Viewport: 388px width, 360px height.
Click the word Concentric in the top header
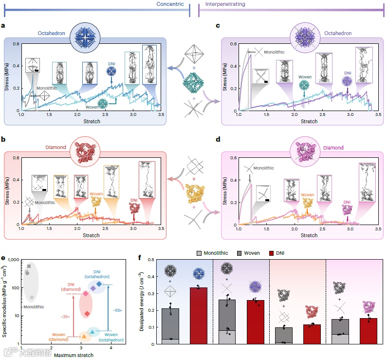(170, 4)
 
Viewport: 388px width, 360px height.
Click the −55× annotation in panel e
(117, 310)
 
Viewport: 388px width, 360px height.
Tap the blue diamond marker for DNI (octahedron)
(99, 284)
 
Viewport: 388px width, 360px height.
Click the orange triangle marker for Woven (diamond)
(84, 336)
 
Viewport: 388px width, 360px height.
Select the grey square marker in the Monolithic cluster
(29, 266)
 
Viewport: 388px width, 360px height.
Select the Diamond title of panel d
(333, 148)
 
